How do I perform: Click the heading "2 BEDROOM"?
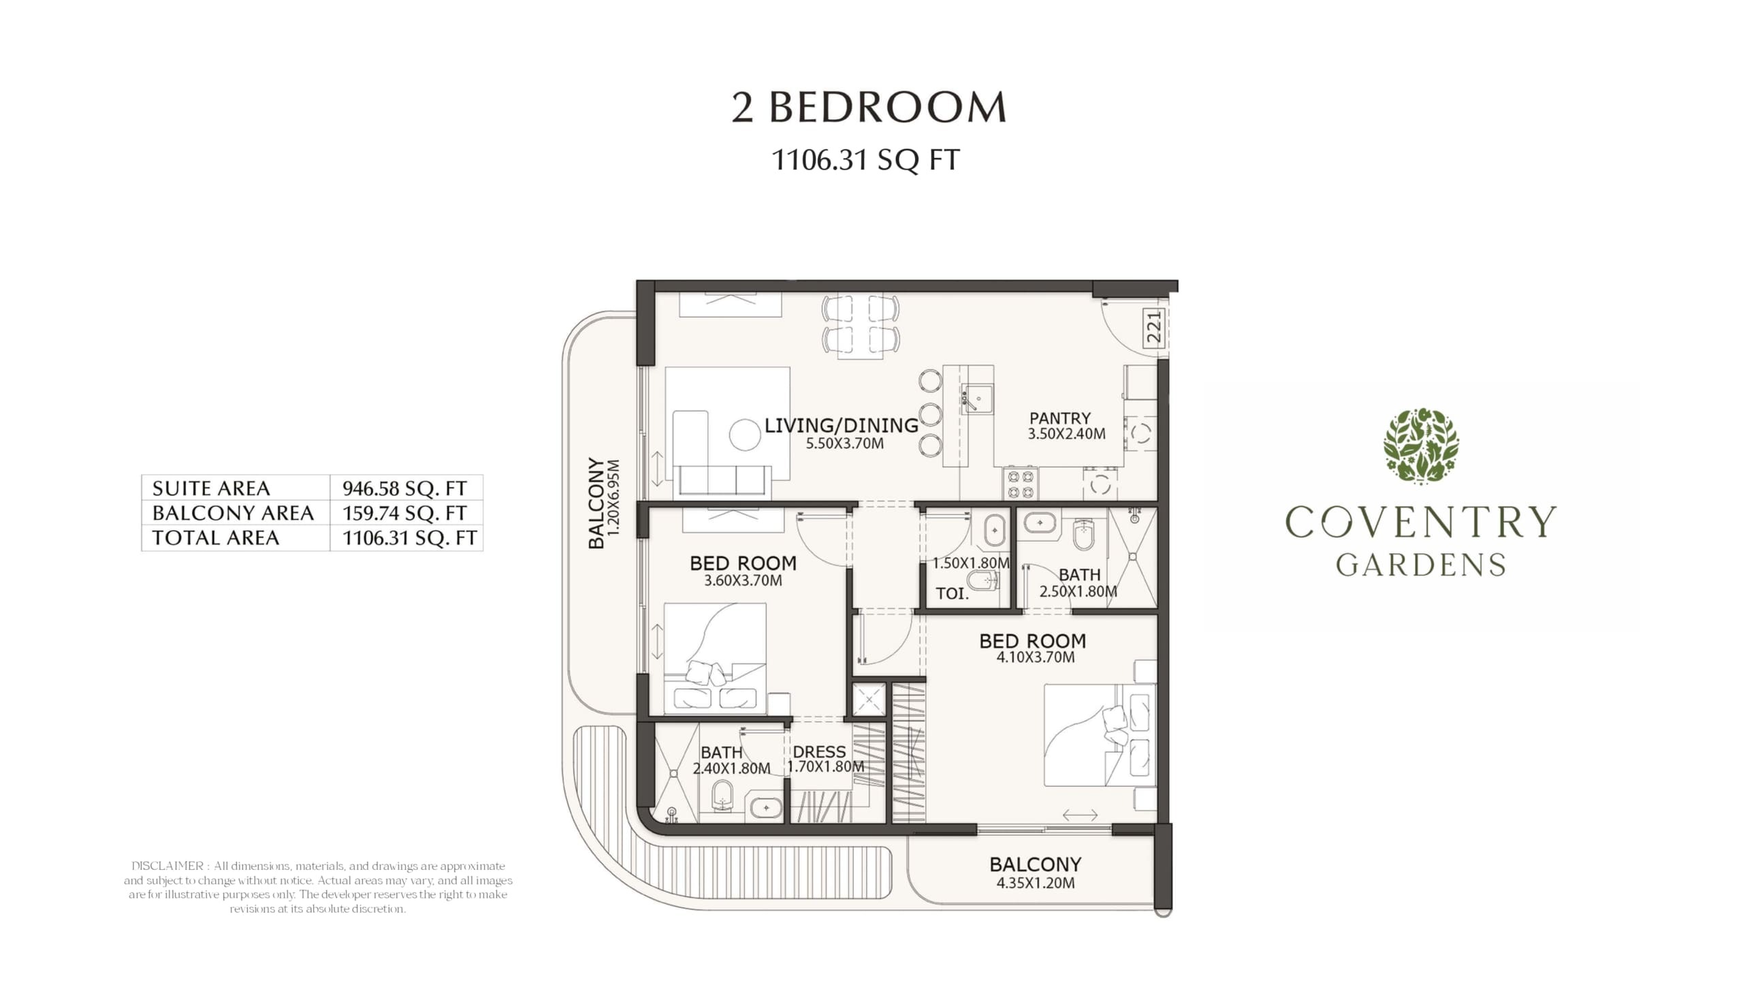[869, 108]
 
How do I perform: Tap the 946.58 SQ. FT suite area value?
[404, 488]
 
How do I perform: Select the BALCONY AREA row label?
[233, 513]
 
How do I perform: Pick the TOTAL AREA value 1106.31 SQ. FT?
[409, 538]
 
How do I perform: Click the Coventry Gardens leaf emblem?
[1421, 446]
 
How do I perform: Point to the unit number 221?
[1153, 327]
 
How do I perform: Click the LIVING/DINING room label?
[842, 426]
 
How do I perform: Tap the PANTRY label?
[1059, 418]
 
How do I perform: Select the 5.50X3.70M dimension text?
[845, 443]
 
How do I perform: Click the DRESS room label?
[819, 752]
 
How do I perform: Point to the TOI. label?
[952, 593]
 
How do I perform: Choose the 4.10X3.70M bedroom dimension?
[1036, 657]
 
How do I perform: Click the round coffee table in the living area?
[745, 435]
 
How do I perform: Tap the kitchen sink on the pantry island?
[977, 399]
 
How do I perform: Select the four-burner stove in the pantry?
[1019, 484]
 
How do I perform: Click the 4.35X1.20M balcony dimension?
[1036, 884]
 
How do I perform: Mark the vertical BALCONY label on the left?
[596, 503]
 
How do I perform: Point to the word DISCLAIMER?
[167, 867]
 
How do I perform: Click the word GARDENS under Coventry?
[1421, 565]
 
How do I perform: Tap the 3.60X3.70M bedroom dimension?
[743, 581]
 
